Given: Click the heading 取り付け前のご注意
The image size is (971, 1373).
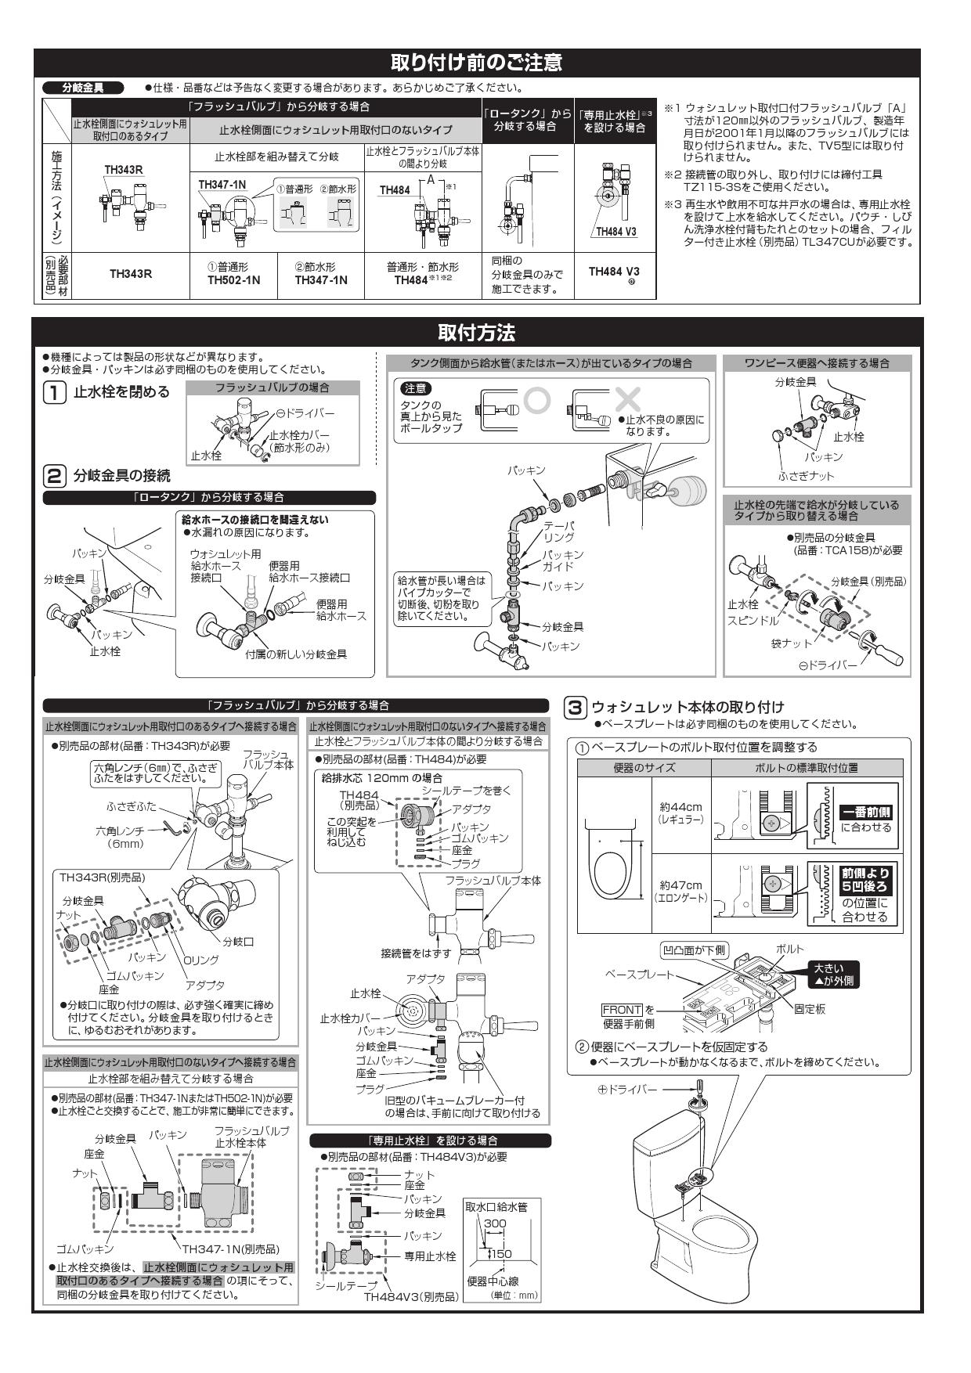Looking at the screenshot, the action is click(x=477, y=62).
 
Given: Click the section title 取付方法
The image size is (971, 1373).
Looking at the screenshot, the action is click(x=477, y=333).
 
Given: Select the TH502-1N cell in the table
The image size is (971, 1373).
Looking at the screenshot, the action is click(x=234, y=279).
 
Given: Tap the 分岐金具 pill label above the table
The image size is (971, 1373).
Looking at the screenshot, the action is click(x=82, y=88).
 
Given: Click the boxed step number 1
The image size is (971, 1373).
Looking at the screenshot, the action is click(x=53, y=391).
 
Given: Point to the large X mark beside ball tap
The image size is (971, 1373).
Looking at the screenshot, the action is click(x=627, y=399).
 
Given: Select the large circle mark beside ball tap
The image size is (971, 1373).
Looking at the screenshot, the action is click(x=538, y=399).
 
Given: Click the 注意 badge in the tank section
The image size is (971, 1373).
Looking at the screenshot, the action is click(x=415, y=387).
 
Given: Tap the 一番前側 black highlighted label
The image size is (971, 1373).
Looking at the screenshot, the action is click(x=866, y=813).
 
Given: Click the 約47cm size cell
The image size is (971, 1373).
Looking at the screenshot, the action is click(x=680, y=891).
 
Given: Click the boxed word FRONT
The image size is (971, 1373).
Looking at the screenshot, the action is click(x=622, y=1010).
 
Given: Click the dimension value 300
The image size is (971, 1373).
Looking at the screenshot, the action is click(x=495, y=1223).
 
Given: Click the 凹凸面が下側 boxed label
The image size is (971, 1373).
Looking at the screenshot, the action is click(x=695, y=950).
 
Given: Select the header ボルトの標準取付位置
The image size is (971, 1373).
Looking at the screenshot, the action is click(x=807, y=768).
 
